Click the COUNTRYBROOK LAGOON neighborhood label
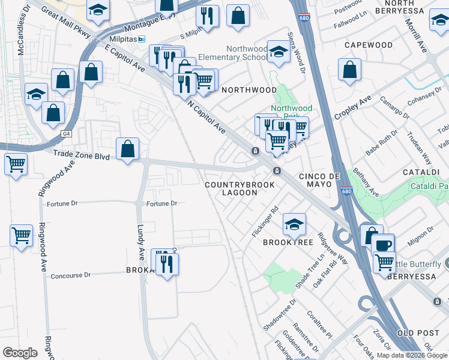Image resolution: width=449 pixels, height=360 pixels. click(x=240, y=188)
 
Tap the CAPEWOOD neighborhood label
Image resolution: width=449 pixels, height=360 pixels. click(x=369, y=45)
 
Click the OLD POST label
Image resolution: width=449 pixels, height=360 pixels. click(x=415, y=332)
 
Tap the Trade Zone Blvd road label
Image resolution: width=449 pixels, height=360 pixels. click(x=81, y=154)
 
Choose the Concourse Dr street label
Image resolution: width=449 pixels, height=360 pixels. click(x=70, y=275)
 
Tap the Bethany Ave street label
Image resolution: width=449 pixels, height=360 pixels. click(x=366, y=182)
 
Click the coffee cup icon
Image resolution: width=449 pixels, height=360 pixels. click(x=382, y=244)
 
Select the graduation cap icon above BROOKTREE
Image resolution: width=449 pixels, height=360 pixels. click(x=294, y=224)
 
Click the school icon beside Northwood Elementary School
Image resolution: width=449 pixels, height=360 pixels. click(x=279, y=51)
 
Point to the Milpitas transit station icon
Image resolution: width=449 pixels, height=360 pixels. click(x=141, y=39)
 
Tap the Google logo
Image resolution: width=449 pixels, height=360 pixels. click(x=20, y=353)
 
